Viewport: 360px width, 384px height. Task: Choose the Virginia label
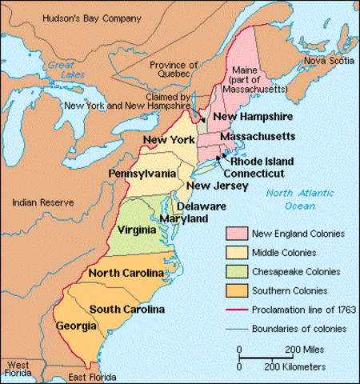[x=136, y=230]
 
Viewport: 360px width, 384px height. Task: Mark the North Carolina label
[x=126, y=274]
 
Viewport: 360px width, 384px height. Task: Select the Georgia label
[x=77, y=326]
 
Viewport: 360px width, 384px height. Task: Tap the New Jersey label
[x=209, y=187]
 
